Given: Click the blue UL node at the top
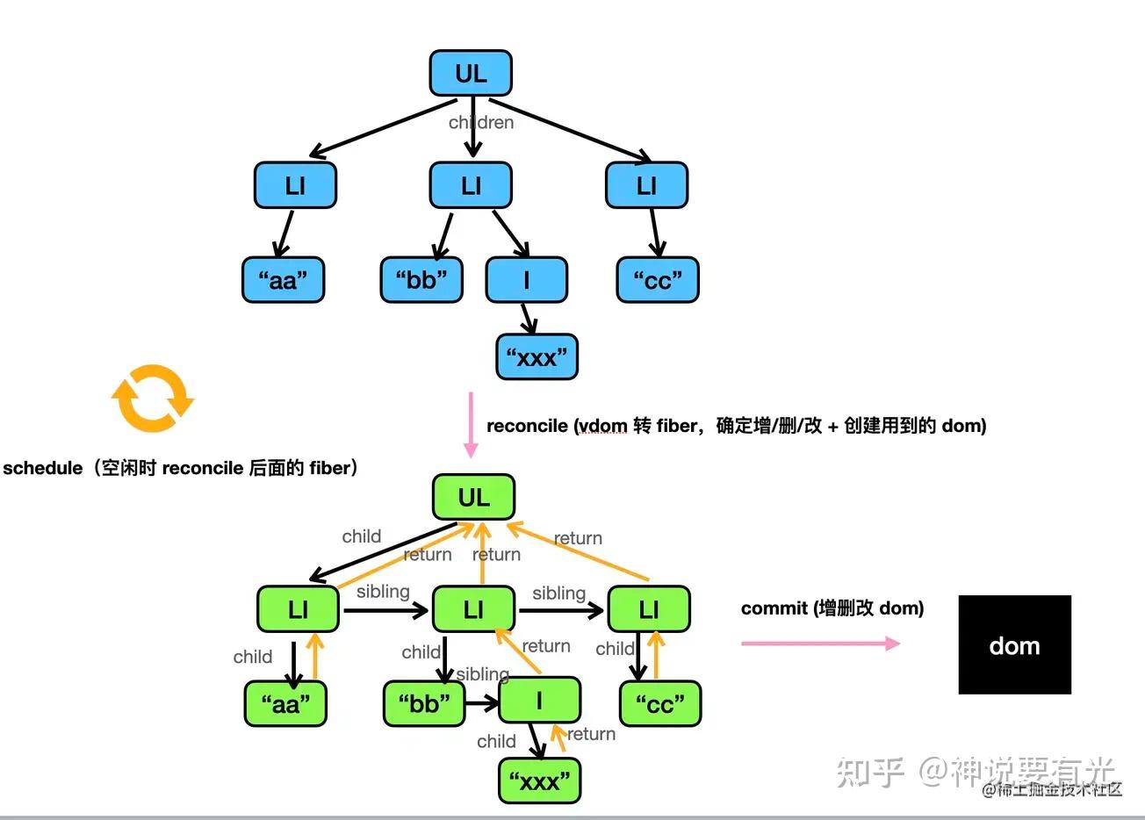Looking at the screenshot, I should (471, 74).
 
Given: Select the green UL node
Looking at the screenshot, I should (473, 498).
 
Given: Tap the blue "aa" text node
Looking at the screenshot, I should (283, 280).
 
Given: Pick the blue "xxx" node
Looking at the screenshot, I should (536, 356).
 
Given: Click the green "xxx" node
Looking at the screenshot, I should (539, 780).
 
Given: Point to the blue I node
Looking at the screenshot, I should (526, 280).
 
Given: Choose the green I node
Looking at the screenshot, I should (539, 701).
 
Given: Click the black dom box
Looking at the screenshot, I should (1014, 645).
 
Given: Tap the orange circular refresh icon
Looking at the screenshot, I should (153, 399).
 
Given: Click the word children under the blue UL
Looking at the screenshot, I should (481, 123).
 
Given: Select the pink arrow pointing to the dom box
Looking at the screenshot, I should (820, 644).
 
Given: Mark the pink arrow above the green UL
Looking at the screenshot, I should (471, 425).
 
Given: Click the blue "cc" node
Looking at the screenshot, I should (657, 280).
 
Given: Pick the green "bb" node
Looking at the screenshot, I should (424, 703).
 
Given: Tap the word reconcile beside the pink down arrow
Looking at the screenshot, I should (527, 426).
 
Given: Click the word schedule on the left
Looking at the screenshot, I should (42, 468).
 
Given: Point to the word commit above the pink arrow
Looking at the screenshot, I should (774, 608).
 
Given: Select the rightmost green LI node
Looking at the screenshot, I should (648, 609).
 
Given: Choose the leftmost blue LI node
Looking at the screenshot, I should (295, 185).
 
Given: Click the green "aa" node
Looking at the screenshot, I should (285, 703).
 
